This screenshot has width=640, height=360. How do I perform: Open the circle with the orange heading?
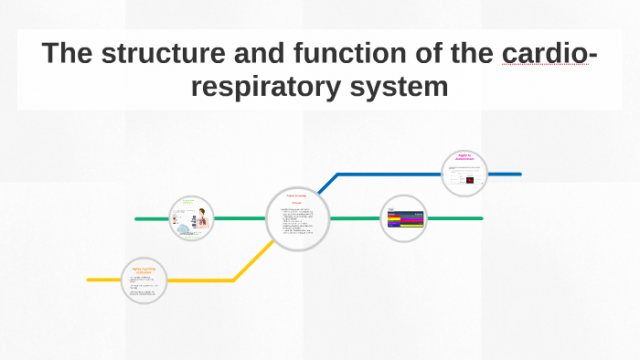[144, 281]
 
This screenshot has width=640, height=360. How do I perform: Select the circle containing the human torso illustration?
[191, 219]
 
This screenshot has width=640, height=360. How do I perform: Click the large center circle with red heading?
[298, 218]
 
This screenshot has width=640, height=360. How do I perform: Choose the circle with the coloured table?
[403, 219]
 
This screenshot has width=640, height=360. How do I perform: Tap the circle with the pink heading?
[464, 174]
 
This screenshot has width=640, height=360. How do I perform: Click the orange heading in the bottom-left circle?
[144, 270]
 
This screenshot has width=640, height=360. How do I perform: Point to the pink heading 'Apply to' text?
[464, 157]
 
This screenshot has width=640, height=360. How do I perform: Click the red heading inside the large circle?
[297, 197]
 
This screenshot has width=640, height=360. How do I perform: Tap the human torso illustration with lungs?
[196, 219]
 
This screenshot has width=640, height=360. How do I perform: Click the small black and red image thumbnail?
[470, 180]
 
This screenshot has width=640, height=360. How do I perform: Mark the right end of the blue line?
[519, 174]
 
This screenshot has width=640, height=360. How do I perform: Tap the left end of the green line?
[137, 219]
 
